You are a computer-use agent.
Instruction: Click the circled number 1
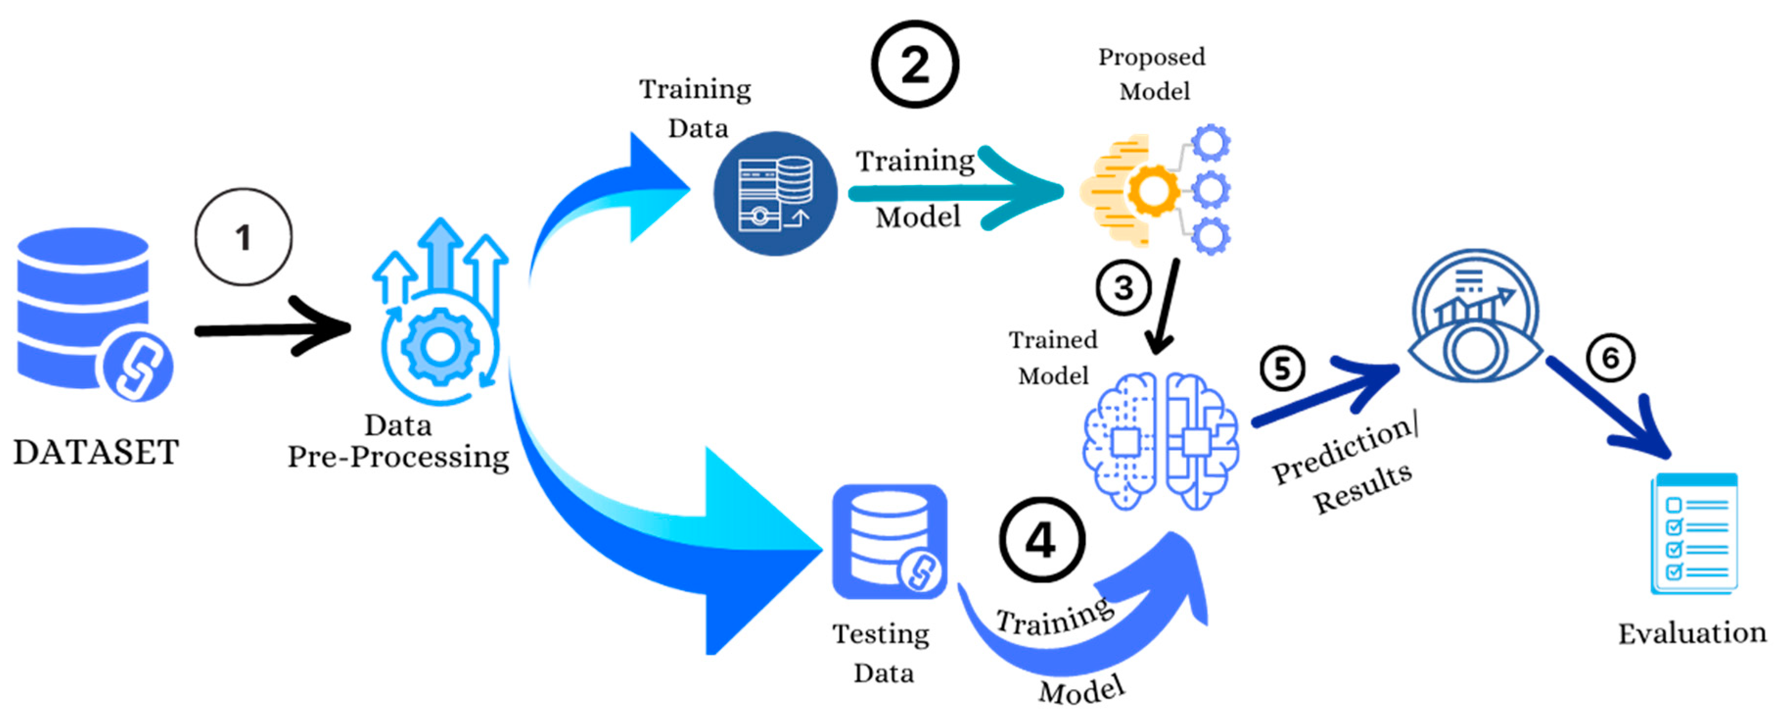(x=243, y=237)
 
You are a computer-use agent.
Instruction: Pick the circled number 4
(x=1041, y=540)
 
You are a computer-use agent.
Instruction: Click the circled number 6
(x=1610, y=358)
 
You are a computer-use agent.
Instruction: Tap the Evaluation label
(x=1692, y=633)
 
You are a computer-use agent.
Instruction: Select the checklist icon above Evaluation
(x=1694, y=534)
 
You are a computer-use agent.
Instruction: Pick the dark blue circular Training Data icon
(x=775, y=193)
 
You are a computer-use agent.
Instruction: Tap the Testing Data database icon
(x=889, y=541)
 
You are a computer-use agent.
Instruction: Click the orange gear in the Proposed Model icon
(x=1153, y=189)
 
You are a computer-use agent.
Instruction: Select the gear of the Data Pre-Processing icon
(x=440, y=347)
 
